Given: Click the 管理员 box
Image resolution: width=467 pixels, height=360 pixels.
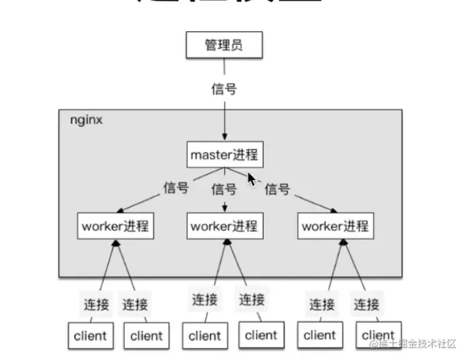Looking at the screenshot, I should point(224,46).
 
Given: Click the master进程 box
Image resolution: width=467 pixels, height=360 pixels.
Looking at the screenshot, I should point(224,154).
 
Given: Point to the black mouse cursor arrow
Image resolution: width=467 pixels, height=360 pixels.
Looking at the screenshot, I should point(252,179).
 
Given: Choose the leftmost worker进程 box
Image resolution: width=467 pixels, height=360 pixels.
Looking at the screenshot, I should point(115,227).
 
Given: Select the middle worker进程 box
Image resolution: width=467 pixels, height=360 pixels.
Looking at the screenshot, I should point(225,227).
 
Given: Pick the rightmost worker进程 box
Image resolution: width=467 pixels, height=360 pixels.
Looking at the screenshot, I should point(336,227).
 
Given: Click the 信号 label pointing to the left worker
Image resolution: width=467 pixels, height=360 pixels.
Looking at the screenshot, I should point(176,188).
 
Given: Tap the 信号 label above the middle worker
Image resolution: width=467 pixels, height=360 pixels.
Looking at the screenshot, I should point(224,189).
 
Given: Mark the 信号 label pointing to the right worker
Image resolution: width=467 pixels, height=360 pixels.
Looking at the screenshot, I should point(277,189).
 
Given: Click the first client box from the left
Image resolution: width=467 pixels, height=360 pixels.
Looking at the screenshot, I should point(90,336).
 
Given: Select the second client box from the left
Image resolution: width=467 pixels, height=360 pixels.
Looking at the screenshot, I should point(146,336).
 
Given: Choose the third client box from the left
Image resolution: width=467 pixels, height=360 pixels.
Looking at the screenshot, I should point(205,335).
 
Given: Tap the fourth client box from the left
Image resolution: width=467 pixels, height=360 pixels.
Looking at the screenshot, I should point(261,334).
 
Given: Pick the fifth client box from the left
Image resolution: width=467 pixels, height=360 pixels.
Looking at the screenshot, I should point(320,335).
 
